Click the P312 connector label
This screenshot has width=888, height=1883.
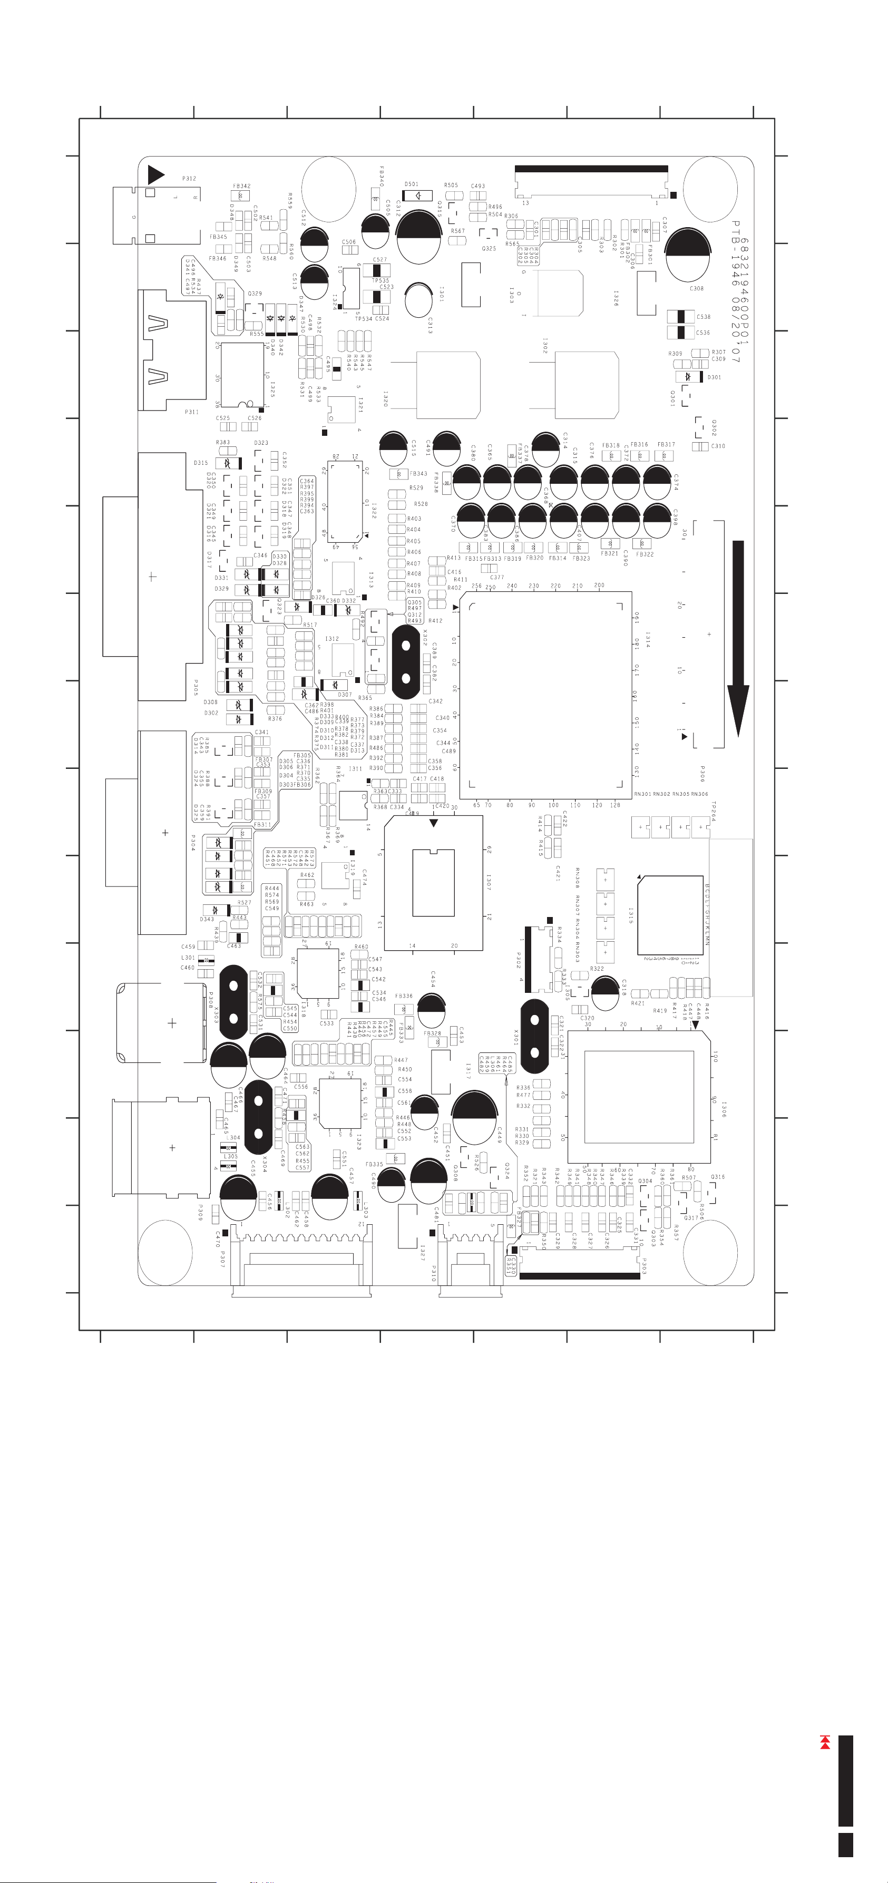pyautogui.click(x=189, y=178)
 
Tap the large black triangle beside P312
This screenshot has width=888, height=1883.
pyautogui.click(x=155, y=175)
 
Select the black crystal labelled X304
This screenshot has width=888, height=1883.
pyautogui.click(x=259, y=1118)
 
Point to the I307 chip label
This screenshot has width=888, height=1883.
pyautogui.click(x=488, y=882)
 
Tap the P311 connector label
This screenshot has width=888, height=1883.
pyautogui.click(x=191, y=412)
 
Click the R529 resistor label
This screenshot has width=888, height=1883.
pyautogui.click(x=416, y=487)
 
